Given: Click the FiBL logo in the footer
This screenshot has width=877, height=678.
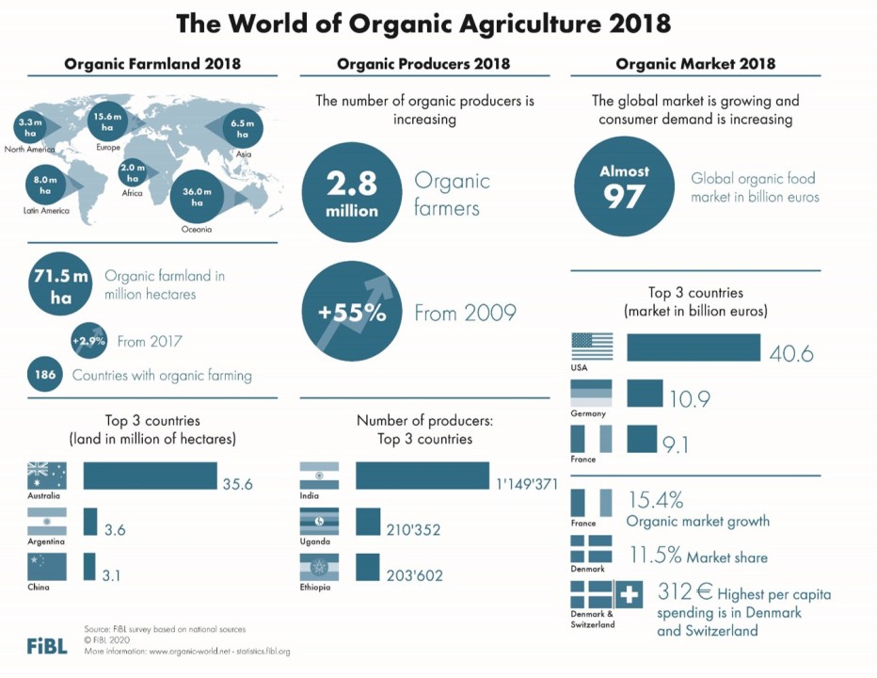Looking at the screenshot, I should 47,647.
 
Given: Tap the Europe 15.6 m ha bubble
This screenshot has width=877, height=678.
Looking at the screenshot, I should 110,122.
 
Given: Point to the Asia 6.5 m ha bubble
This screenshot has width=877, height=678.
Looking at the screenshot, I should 242,129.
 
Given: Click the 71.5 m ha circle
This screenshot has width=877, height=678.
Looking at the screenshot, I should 60,283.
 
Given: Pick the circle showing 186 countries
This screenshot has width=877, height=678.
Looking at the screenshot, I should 45,375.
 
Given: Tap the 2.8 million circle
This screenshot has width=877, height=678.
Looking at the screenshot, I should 352,192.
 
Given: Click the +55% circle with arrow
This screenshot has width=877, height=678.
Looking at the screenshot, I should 352,313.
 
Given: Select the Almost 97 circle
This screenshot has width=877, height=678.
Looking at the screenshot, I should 624,185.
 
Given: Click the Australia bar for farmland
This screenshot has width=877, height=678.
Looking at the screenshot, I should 150,476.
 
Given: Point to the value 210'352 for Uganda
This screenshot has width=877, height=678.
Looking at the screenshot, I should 413,530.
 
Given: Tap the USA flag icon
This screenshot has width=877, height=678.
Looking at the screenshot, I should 591,347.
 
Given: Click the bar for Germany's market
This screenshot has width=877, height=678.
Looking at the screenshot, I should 645,394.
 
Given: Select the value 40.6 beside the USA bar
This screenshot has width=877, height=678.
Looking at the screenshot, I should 790,354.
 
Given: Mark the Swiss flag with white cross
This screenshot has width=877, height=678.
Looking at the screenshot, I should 629,594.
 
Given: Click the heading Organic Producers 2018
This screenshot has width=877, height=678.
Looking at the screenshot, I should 423,64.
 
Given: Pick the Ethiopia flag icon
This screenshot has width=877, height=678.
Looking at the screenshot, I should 318,569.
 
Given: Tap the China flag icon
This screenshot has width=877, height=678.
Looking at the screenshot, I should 47,567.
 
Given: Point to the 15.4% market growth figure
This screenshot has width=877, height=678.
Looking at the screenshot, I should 655,500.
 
